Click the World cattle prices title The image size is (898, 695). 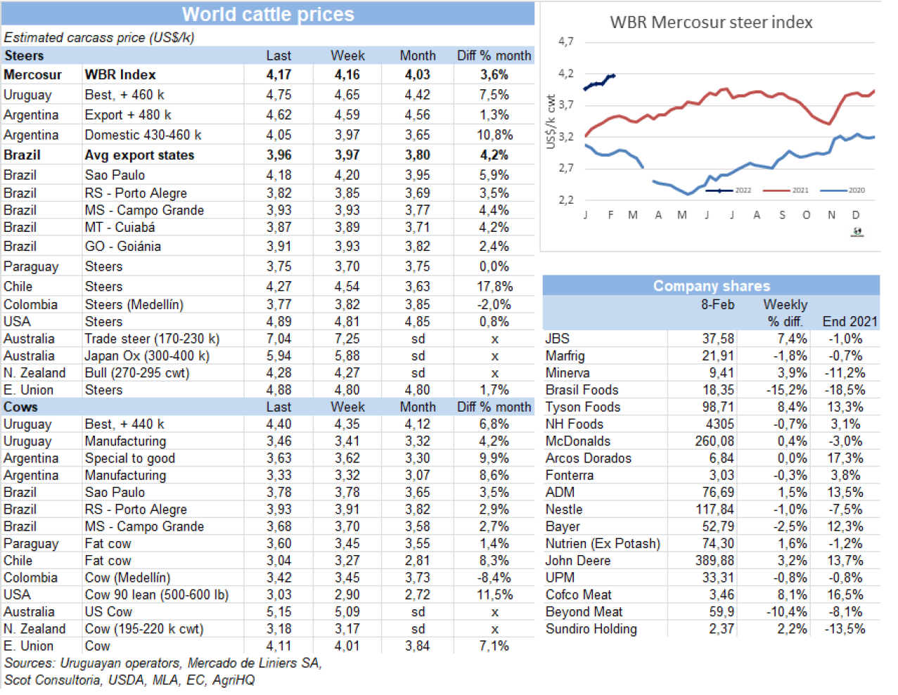click(268, 14)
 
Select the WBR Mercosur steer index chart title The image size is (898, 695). click(711, 22)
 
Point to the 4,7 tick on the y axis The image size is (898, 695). click(566, 41)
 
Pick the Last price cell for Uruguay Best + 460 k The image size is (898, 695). click(278, 95)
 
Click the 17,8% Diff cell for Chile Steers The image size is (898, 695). click(494, 287)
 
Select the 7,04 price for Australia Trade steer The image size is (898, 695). click(278, 339)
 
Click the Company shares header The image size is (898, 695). click(711, 286)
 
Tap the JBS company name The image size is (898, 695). click(558, 339)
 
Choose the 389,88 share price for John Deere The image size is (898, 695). click(714, 561)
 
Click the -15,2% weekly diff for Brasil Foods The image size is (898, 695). click(786, 390)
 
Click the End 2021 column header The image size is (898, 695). click(849, 322)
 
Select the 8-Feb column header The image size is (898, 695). click(717, 305)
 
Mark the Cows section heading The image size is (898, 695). click(20, 407)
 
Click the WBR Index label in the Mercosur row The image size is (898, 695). click(120, 74)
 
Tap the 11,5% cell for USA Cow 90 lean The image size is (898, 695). click(494, 595)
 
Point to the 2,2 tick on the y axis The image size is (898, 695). click(566, 200)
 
